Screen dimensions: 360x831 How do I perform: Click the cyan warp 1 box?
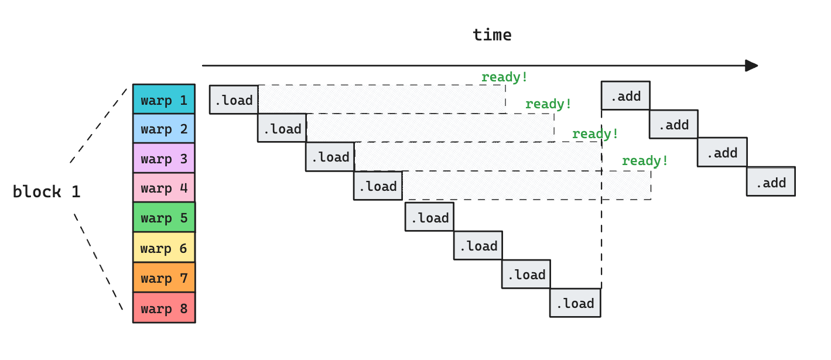click(163, 99)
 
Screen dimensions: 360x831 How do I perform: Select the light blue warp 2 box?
click(163, 128)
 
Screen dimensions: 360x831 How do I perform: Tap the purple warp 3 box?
click(163, 158)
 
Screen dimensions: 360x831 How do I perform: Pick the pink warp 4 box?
click(163, 187)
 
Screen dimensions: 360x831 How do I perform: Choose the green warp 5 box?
click(163, 217)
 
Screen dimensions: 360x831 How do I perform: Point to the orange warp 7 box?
click(163, 277)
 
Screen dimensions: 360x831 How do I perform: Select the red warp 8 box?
click(163, 308)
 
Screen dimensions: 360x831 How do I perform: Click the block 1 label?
click(46, 191)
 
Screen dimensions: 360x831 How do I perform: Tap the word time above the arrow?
click(492, 35)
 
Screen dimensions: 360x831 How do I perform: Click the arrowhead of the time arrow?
click(751, 66)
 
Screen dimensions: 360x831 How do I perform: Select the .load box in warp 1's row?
click(234, 100)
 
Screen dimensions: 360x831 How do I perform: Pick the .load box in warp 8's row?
click(575, 303)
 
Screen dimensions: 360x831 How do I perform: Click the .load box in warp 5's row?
click(429, 217)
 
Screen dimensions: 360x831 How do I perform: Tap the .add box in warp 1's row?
click(625, 95)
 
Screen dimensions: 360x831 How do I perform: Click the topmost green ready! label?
click(504, 77)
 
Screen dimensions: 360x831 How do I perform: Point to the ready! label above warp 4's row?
click(645, 160)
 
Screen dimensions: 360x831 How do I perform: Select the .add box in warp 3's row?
click(721, 152)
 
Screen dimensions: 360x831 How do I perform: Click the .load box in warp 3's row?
click(330, 156)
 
